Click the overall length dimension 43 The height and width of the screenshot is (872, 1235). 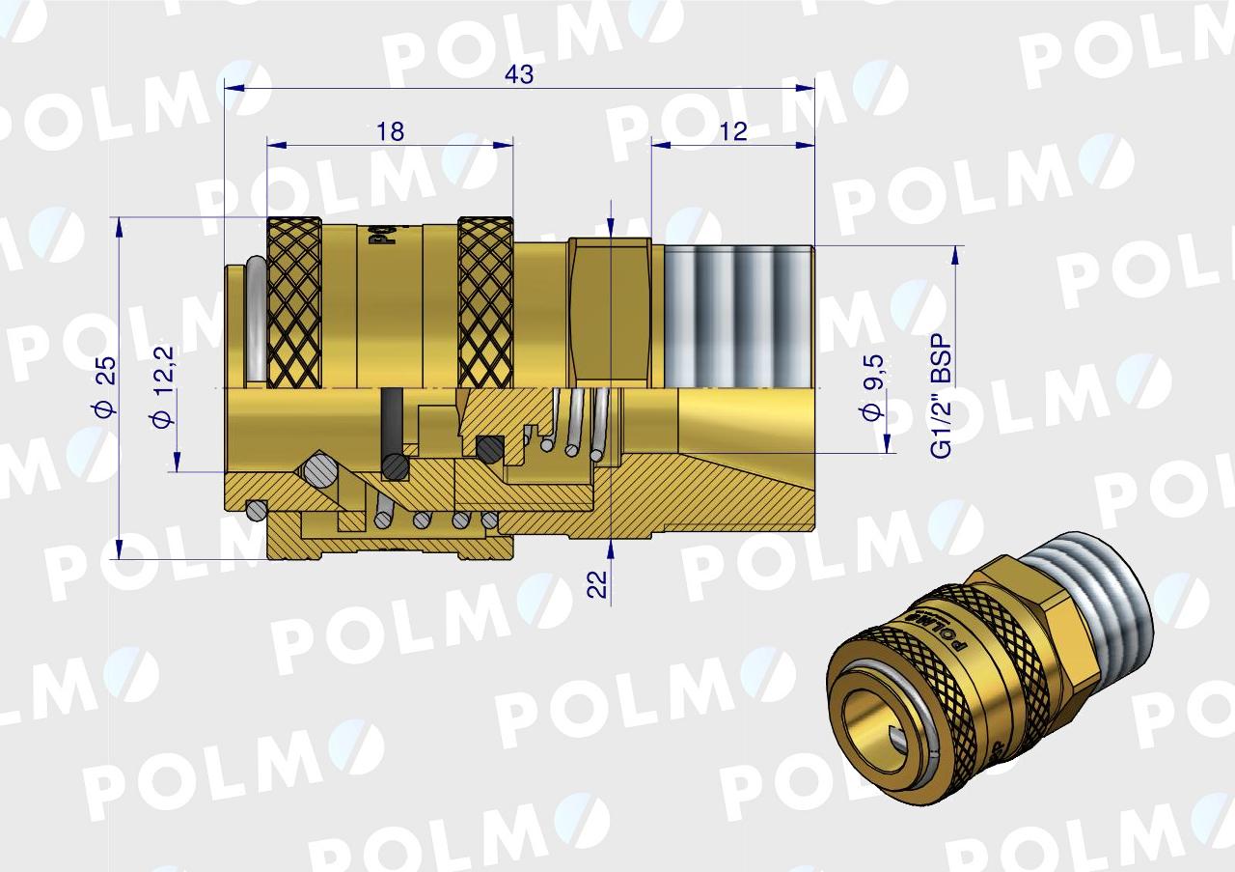point(519,75)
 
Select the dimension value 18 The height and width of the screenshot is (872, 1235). point(391,131)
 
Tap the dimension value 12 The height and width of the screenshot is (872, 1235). point(733,131)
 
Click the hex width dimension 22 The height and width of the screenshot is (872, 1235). point(598,582)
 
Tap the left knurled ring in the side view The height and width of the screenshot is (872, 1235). point(293,301)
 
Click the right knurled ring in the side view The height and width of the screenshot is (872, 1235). point(485,301)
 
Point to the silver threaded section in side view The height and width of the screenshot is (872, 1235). point(738,314)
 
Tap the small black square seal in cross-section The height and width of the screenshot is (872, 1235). point(491,447)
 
